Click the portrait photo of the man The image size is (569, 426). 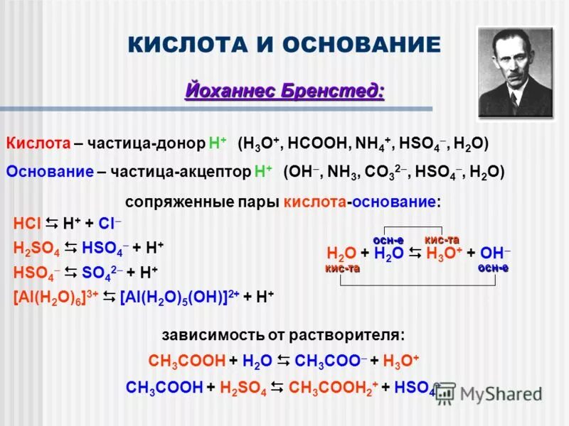[515, 73]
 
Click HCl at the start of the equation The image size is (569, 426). [27, 224]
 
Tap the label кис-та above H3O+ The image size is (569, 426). [442, 239]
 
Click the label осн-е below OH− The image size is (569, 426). [493, 268]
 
